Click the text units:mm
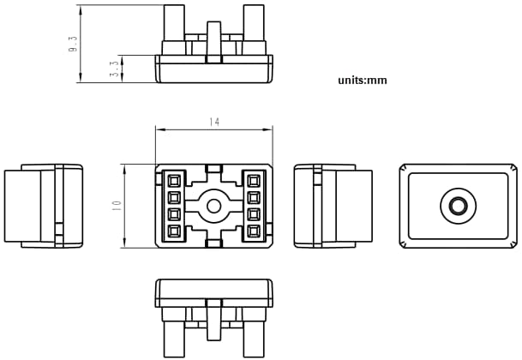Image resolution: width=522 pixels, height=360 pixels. [363, 80]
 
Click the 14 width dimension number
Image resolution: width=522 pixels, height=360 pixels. [214, 123]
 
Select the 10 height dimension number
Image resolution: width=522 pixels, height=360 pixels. [117, 206]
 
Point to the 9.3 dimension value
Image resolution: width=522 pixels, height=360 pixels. [74, 44]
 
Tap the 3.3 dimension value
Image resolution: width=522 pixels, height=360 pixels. [115, 69]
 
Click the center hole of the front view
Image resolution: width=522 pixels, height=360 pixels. [213, 205]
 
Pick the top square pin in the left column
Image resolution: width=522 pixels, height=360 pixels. [174, 180]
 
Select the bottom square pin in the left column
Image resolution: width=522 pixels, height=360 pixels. [174, 231]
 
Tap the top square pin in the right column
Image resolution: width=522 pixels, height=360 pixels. [254, 180]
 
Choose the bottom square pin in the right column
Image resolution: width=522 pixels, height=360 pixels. [254, 231]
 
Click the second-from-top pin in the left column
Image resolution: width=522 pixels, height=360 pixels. [174, 197]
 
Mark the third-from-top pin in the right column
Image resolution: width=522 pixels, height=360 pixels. [254, 214]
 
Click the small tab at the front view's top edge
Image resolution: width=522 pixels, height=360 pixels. [214, 167]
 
